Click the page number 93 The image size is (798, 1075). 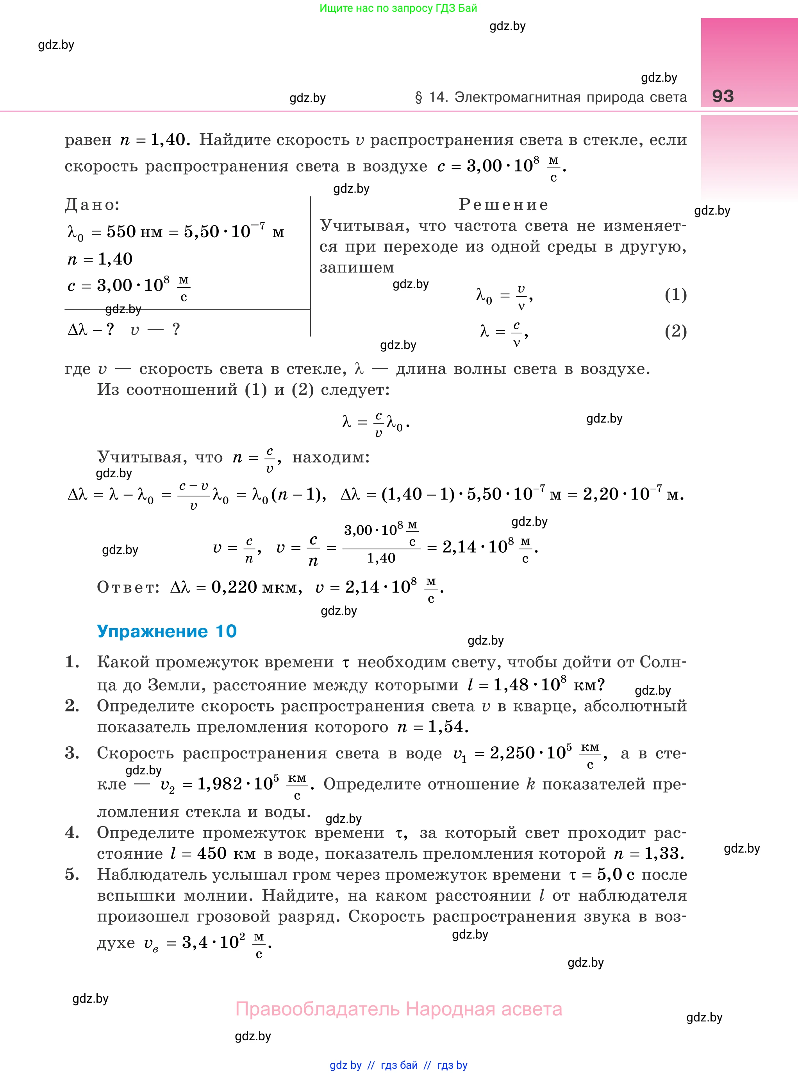[723, 96]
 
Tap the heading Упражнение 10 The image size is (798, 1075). [167, 631]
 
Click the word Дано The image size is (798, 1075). [92, 204]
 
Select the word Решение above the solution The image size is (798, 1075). [503, 204]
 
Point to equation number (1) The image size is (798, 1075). [675, 294]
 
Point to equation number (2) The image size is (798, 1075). [675, 331]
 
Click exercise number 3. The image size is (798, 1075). [72, 753]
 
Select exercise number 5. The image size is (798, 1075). [72, 874]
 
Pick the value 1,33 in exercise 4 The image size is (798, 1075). [664, 854]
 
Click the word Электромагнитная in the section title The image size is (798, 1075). [518, 97]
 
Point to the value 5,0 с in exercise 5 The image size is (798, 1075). [616, 874]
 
